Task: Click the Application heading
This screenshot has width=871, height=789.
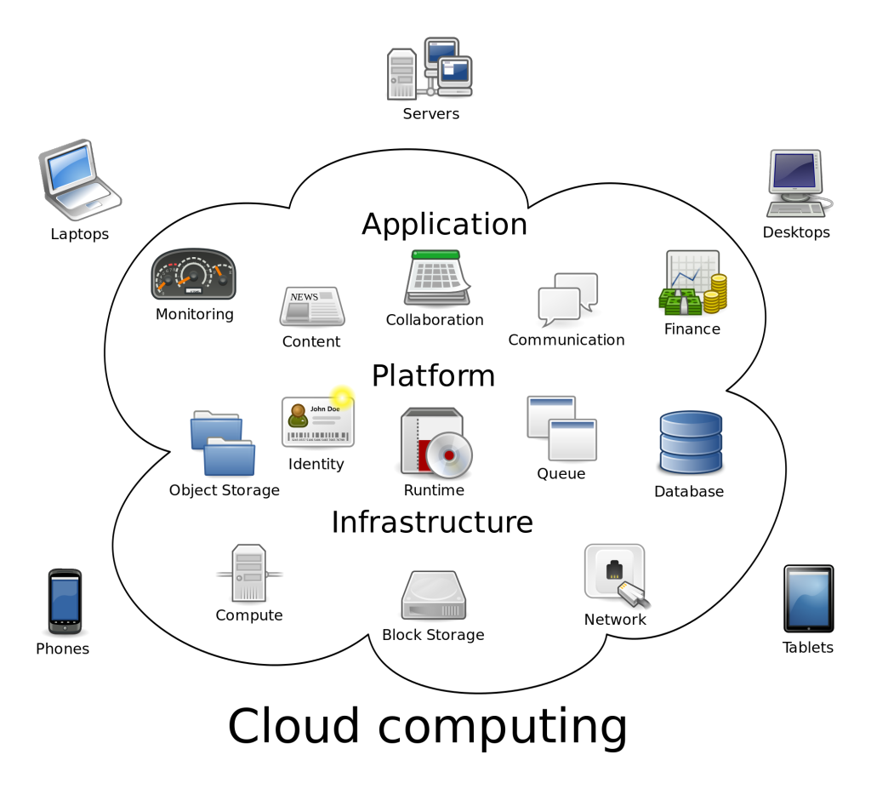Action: tap(444, 224)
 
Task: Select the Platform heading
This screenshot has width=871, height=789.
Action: tap(433, 375)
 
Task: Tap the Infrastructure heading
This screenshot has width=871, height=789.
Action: tap(432, 522)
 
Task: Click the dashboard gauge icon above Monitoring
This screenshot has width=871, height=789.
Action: tap(193, 275)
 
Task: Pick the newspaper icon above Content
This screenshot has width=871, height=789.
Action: tap(312, 306)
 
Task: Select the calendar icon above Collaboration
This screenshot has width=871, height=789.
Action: tap(436, 278)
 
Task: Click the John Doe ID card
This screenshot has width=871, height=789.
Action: tap(317, 420)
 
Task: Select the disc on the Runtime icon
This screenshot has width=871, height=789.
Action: tap(448, 455)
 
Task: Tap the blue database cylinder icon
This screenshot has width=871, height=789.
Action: tap(690, 443)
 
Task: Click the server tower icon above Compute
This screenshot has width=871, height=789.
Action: tap(249, 574)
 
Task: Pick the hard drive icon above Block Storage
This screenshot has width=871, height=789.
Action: tap(433, 595)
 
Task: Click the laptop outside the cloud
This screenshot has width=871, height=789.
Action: tap(79, 180)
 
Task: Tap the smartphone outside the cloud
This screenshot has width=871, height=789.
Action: tap(65, 601)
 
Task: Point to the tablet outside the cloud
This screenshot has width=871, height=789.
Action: tap(808, 598)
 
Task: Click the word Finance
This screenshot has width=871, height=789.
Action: tap(692, 329)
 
